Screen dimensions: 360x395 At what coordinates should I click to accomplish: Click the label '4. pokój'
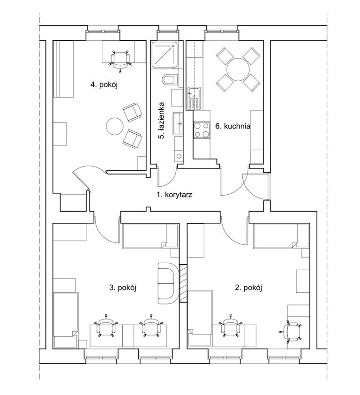(104, 84)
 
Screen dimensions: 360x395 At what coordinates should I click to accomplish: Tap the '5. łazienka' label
(162, 121)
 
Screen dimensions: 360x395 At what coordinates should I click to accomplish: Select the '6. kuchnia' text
(233, 126)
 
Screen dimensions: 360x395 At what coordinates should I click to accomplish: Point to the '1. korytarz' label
(174, 195)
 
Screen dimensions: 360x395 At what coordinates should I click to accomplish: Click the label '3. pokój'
(123, 288)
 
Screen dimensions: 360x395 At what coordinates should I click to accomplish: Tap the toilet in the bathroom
(171, 80)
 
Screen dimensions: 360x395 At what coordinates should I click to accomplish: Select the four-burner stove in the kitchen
(201, 130)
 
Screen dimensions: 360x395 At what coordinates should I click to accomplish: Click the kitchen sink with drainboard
(193, 99)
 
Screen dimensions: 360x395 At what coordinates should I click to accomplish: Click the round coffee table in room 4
(114, 126)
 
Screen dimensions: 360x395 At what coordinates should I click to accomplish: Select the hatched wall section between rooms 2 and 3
(183, 283)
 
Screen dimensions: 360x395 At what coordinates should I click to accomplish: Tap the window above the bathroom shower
(167, 31)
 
